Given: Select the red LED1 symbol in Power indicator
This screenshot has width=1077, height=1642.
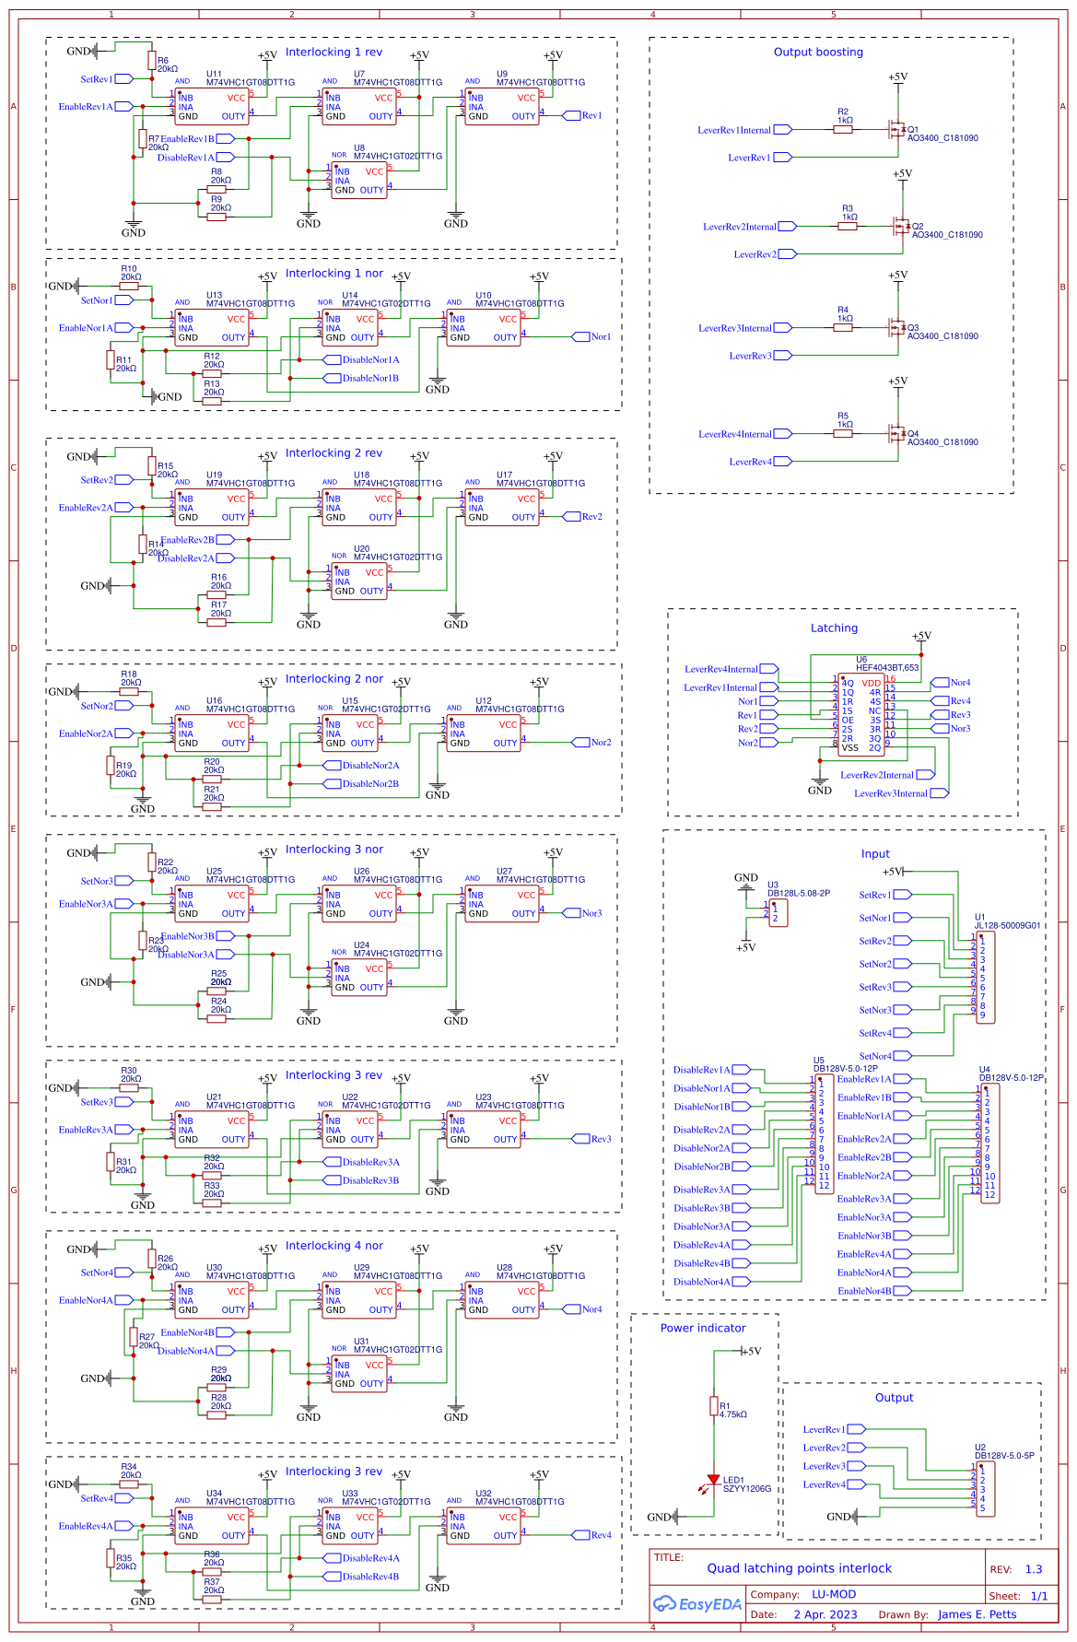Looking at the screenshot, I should coord(713,1480).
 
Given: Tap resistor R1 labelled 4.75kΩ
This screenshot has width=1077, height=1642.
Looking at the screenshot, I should coord(714,1405).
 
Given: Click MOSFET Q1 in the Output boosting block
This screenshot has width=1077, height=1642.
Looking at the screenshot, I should coord(896,130).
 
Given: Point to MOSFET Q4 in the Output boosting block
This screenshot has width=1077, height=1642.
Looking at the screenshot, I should coord(896,434).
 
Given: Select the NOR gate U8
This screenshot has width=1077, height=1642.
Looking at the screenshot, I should coord(358,181).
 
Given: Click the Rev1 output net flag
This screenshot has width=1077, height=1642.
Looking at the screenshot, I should coord(590,115).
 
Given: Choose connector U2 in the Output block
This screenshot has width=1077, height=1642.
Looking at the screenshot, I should coord(985,1489).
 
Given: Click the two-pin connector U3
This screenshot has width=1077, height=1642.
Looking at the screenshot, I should coord(778,913).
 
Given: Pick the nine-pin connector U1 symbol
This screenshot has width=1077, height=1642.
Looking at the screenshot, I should coord(985,978).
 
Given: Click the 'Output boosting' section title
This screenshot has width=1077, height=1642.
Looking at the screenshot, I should coord(818,53).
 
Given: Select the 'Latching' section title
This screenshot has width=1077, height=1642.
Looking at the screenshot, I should coord(834,628).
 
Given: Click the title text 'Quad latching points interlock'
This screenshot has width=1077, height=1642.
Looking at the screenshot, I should coord(799,1568).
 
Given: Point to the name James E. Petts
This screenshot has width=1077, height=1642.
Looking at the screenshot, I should coord(977,1614).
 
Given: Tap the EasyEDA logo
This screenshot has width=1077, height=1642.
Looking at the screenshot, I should coord(697,1604).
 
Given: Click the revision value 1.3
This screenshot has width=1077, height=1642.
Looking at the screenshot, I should coord(1033,1569).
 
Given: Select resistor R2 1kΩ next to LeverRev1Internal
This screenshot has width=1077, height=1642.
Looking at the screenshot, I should coord(842,130).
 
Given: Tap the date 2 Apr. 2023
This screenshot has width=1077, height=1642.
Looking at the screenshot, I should coord(825,1614).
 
